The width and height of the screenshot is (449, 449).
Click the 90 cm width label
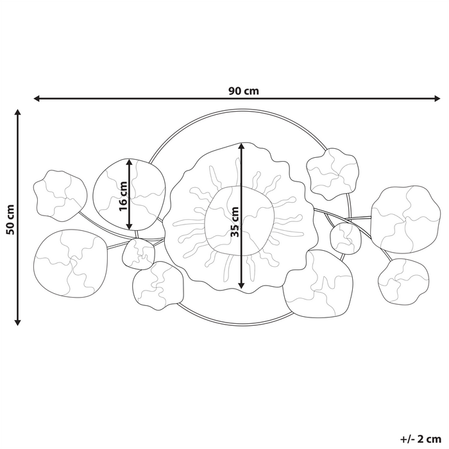click(x=243, y=90)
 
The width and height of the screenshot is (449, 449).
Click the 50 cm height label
click(x=9, y=219)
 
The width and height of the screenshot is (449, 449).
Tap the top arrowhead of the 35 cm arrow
click(x=241, y=146)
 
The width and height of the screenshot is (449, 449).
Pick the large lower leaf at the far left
click(x=69, y=262)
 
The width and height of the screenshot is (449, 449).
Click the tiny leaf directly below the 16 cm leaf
click(x=138, y=252)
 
